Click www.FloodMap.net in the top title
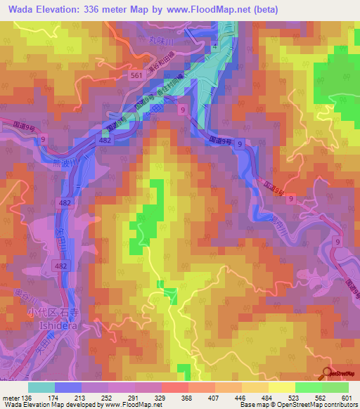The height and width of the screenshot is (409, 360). click(x=214, y=10)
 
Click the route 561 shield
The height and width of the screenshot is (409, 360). click(x=137, y=74)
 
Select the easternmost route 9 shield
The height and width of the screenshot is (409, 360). click(x=337, y=242)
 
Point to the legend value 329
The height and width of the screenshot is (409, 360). click(x=161, y=398)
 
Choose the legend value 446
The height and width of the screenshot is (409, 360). click(x=241, y=398)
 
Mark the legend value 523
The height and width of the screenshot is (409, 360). click(x=295, y=398)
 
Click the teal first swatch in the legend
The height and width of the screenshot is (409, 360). click(x=41, y=387)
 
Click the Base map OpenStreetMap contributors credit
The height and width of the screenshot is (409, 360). click(x=296, y=405)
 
